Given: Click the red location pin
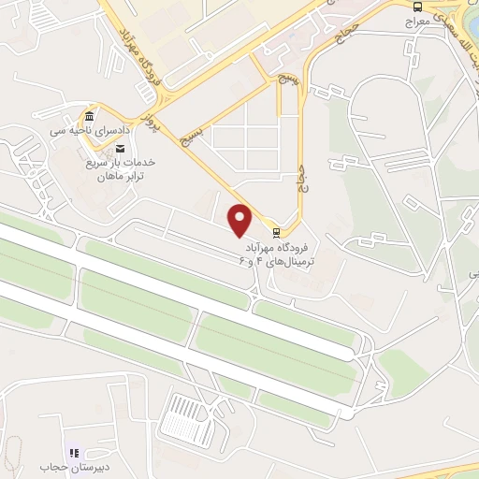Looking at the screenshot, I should click(x=240, y=219).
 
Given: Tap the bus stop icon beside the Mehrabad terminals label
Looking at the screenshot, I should click(x=276, y=232).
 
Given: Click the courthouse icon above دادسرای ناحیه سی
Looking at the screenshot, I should click(x=89, y=116).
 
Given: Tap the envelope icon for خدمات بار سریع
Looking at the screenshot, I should click(x=119, y=148).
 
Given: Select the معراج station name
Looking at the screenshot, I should click(x=417, y=20).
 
